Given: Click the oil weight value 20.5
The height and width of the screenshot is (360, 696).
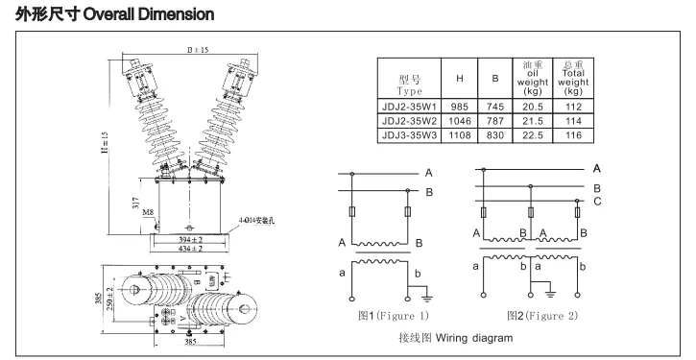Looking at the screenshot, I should [x=535, y=107].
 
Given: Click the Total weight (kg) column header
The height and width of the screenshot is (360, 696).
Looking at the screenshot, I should [x=574, y=76].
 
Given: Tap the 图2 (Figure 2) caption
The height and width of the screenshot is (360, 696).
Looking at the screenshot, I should [x=541, y=314].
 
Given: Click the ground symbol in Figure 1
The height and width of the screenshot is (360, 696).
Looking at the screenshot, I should [x=426, y=299].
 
